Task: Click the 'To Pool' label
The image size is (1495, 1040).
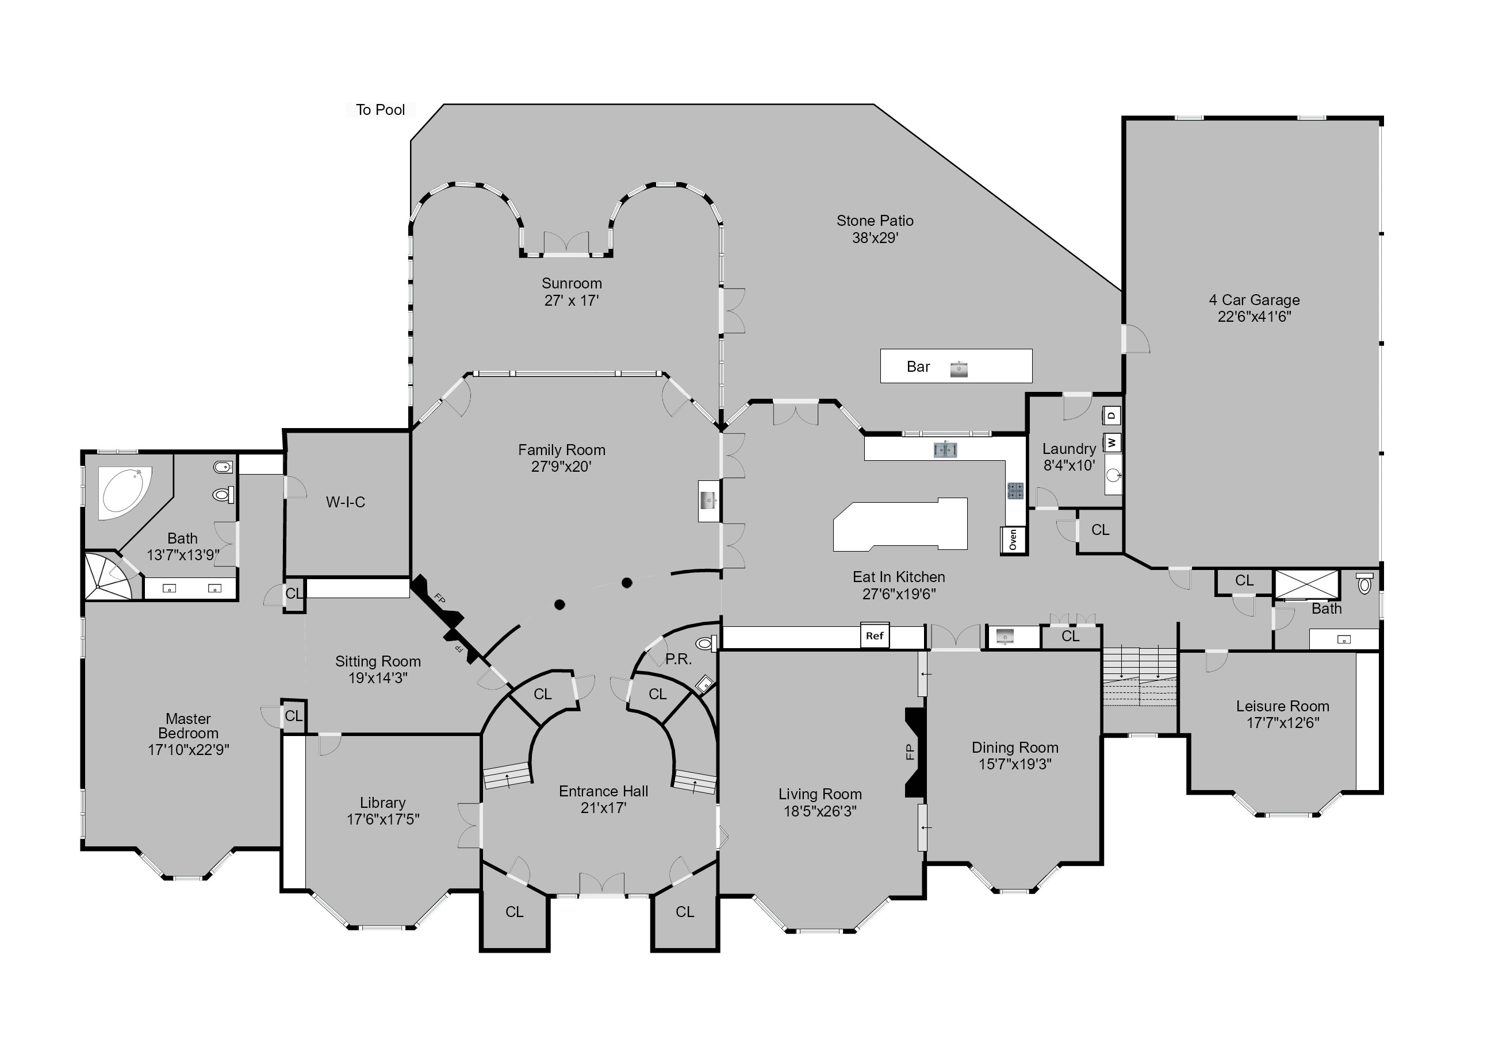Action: [380, 110]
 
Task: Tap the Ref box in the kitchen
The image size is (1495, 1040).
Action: [874, 636]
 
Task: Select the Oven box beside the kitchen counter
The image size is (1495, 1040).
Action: [1013, 540]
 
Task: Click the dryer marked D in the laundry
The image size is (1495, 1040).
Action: [1112, 415]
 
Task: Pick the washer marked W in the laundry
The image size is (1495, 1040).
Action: [1112, 442]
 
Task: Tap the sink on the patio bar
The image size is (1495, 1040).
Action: [959, 369]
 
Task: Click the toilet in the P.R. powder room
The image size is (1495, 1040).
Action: [704, 644]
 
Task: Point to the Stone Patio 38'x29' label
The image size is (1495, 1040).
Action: [875, 229]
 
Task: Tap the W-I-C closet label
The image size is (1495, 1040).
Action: [345, 502]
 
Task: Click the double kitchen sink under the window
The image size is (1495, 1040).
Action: [945, 449]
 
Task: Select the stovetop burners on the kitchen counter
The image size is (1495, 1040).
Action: [1014, 491]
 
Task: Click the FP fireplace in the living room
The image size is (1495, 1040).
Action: [915, 752]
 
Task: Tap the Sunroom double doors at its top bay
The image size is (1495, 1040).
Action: [566, 242]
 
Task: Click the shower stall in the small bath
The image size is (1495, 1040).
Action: [1306, 584]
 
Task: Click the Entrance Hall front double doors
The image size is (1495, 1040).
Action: [601, 885]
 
